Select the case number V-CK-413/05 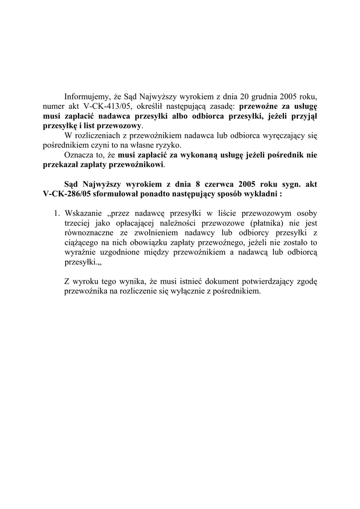pyautogui.click(x=105, y=106)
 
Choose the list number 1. pyautogui.click(x=56, y=213)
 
